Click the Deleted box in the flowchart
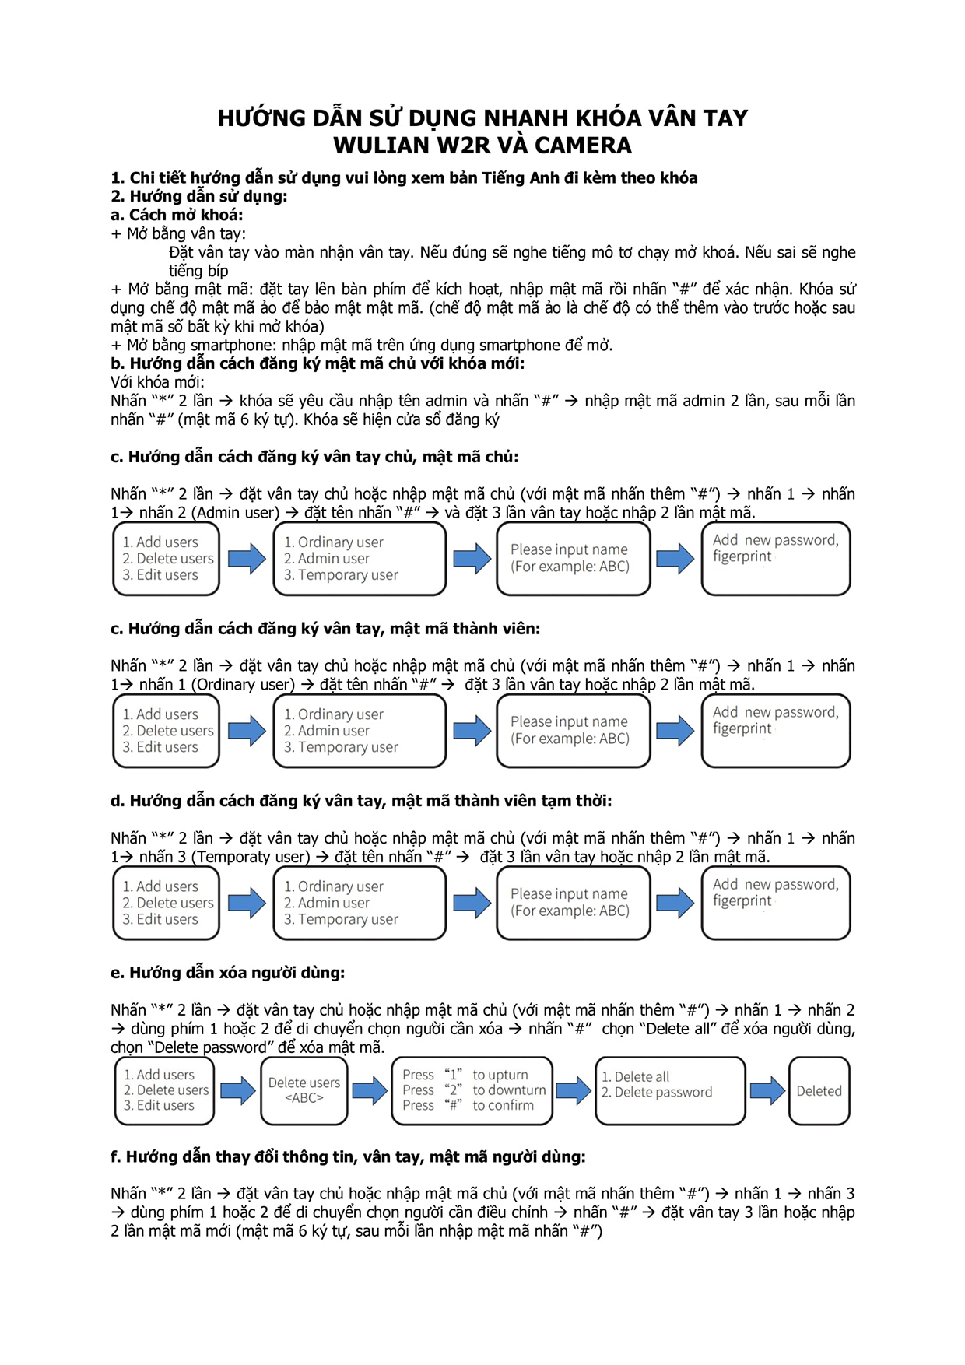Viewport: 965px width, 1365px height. click(x=819, y=1091)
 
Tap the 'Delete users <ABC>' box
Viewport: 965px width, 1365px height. click(x=304, y=1090)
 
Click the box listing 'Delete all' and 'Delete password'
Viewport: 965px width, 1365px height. click(x=670, y=1090)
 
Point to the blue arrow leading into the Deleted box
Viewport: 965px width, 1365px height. click(x=767, y=1090)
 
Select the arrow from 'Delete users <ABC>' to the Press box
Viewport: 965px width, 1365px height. click(x=370, y=1090)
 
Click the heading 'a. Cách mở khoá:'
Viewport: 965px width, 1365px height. click(x=177, y=215)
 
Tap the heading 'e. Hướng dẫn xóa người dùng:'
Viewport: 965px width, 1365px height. click(x=227, y=973)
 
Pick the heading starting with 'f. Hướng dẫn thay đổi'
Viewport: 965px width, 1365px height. click(x=348, y=1157)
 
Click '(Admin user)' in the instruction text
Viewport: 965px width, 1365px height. click(x=236, y=513)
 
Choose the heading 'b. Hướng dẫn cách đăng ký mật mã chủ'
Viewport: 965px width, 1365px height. click(x=318, y=363)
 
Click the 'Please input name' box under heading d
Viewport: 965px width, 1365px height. click(x=573, y=903)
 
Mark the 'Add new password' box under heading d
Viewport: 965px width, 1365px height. click(x=776, y=903)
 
